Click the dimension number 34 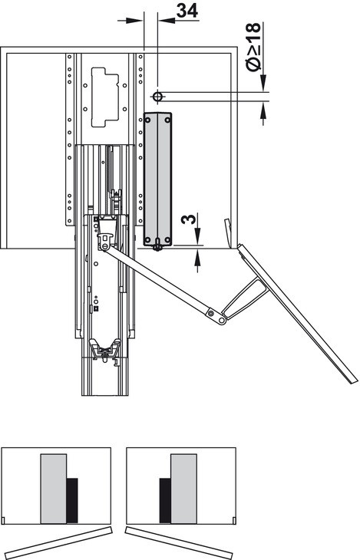(x=187, y=11)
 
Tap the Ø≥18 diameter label (x=254, y=47)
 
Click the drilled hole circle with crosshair (x=157, y=97)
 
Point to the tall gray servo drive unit (x=157, y=180)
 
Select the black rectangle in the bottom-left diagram (x=72, y=500)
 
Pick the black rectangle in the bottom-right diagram (x=165, y=501)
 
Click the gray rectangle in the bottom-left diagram (x=54, y=489)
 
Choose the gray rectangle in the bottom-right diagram (x=183, y=489)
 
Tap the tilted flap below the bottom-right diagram (x=180, y=542)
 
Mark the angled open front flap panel (x=298, y=314)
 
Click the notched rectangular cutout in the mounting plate (x=105, y=97)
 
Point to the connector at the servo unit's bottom (x=157, y=246)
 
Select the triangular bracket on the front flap (x=246, y=298)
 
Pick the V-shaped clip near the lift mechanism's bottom (x=105, y=348)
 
